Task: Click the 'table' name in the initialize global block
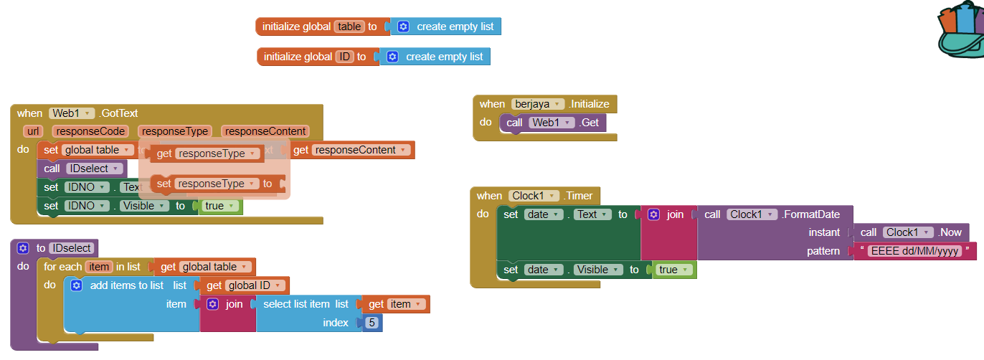tap(349, 27)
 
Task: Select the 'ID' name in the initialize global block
tap(345, 57)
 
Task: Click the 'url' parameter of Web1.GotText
tap(33, 131)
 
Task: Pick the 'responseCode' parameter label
tap(91, 131)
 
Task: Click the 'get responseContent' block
tap(351, 150)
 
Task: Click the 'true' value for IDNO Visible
tap(218, 206)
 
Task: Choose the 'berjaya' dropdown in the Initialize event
tap(537, 104)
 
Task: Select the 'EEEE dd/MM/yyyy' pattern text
tap(914, 251)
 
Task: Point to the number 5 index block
tap(372, 323)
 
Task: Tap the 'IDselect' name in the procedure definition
tap(72, 248)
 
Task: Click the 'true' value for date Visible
tap(671, 270)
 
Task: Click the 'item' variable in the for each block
tap(99, 267)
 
